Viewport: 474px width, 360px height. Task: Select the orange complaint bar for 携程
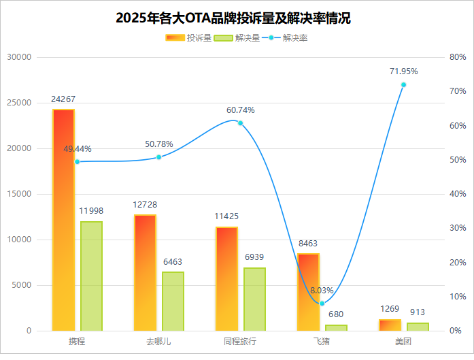[x=63, y=220]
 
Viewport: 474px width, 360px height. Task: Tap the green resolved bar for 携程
[x=91, y=276]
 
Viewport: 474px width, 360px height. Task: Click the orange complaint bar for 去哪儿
[x=145, y=272]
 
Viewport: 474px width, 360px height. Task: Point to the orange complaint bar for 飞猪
[x=308, y=292]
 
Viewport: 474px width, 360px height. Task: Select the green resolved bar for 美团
[x=418, y=327]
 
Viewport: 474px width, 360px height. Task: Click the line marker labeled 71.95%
[x=403, y=84]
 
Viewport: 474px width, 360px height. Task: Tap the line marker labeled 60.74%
[x=240, y=123]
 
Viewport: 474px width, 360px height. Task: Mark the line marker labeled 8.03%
[x=322, y=303]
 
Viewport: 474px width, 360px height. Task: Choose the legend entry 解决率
[x=285, y=38]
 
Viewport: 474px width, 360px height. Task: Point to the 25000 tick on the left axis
[x=19, y=103]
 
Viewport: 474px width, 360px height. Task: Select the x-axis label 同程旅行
[x=240, y=341]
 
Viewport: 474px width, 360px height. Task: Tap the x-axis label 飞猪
[x=322, y=341]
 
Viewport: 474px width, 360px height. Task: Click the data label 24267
[x=63, y=99]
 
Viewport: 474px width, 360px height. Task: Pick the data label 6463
[x=173, y=261]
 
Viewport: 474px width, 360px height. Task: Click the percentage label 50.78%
[x=159, y=144]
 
